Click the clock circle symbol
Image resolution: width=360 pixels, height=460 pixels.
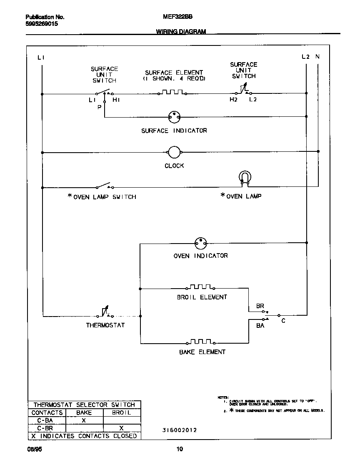tap(174, 153)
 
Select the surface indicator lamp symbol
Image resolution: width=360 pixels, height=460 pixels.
tap(174, 118)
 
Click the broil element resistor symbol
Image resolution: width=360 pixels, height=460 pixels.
tap(201, 287)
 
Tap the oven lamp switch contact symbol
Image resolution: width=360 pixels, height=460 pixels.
tap(104, 186)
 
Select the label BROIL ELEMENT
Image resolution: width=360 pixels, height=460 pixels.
tap(202, 297)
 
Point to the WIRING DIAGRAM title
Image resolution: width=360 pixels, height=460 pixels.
tap(181, 32)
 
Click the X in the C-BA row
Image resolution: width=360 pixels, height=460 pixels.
tap(83, 421)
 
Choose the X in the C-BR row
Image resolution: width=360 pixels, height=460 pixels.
tap(121, 428)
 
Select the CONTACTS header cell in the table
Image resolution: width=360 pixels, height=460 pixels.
tap(47, 413)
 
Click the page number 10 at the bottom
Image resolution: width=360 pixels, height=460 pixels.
tap(180, 449)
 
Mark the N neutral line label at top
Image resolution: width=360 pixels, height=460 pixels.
tap(317, 57)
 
